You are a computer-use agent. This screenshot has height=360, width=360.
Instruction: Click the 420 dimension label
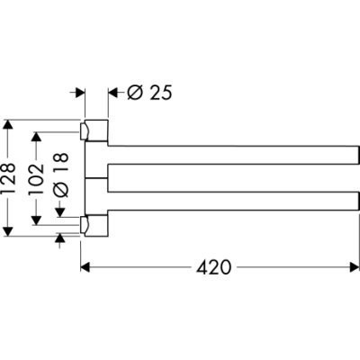tap(214, 266)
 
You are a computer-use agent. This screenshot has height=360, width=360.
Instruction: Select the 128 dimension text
tap(9, 177)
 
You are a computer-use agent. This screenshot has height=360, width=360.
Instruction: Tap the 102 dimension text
tap(36, 178)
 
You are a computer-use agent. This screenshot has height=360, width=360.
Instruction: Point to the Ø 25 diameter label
tap(149, 93)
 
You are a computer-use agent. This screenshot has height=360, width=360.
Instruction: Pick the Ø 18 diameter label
tap(61, 175)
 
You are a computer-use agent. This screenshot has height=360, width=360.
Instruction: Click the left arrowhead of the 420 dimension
tap(85, 267)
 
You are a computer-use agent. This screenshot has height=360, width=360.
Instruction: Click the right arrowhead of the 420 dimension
tap(355, 267)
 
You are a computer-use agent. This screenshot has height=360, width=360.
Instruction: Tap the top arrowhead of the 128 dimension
tap(9, 124)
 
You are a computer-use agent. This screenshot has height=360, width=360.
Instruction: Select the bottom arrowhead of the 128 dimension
tap(9, 231)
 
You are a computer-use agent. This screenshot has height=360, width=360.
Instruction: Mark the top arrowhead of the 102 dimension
tap(36, 137)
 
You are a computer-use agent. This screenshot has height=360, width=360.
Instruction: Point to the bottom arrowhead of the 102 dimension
tap(36, 220)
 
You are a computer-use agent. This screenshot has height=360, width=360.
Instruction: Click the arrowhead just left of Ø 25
tap(112, 93)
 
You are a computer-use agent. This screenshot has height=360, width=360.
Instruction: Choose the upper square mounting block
tap(96, 130)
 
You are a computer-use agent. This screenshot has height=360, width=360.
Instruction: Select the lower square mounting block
tap(96, 226)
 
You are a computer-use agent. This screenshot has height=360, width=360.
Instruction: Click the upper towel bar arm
tap(233, 155)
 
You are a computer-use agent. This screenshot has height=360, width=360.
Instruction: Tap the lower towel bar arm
tap(233, 201)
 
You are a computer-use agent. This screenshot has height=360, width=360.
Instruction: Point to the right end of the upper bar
tap(359, 155)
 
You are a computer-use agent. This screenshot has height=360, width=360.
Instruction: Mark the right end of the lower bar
tap(359, 201)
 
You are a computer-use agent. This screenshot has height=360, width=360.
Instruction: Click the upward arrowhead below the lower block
tap(60, 238)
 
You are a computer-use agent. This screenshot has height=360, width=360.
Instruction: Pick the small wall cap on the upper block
tap(84, 131)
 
